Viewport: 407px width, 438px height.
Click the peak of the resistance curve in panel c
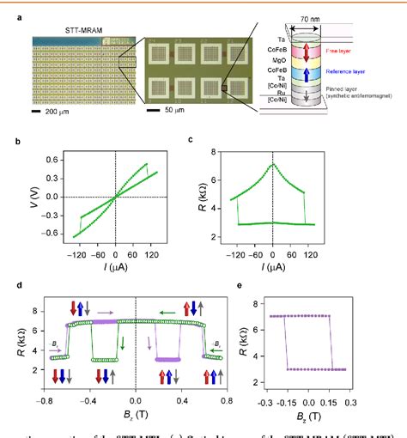(x=272, y=164)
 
